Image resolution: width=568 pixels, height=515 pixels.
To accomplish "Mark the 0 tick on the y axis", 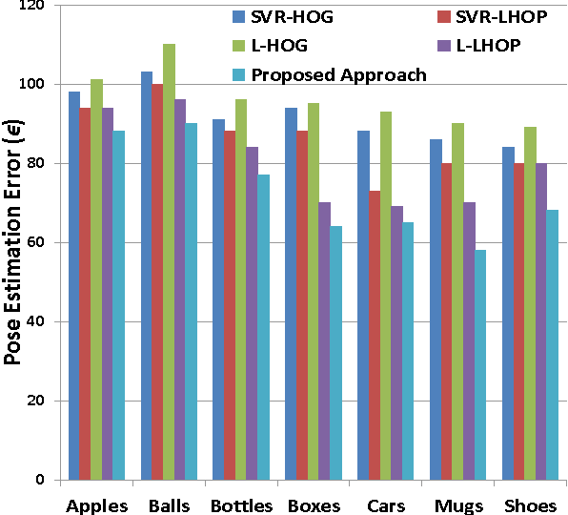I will [47, 480].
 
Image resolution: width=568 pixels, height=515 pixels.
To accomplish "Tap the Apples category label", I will [96, 505].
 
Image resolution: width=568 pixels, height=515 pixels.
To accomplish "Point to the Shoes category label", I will [523, 505].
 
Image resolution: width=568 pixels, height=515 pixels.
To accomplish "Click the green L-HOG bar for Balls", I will [169, 261].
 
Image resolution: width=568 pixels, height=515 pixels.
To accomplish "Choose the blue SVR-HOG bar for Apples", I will [74, 285].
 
